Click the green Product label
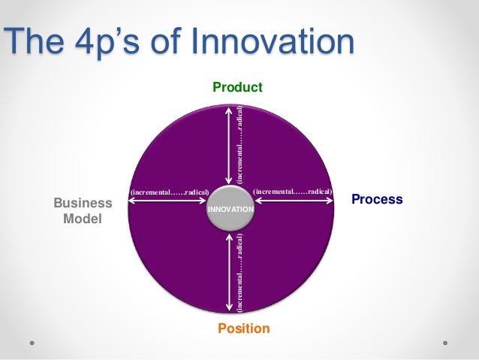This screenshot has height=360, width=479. click(237, 88)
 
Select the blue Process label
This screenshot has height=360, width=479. click(377, 199)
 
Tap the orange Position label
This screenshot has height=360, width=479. click(243, 328)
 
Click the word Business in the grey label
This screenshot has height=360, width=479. click(83, 204)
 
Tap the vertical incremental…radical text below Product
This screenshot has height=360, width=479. click(239, 144)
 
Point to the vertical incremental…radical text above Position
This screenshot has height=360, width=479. click(239, 273)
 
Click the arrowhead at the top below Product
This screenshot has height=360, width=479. click(229, 110)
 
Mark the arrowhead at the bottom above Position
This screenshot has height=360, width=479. click(229, 308)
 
